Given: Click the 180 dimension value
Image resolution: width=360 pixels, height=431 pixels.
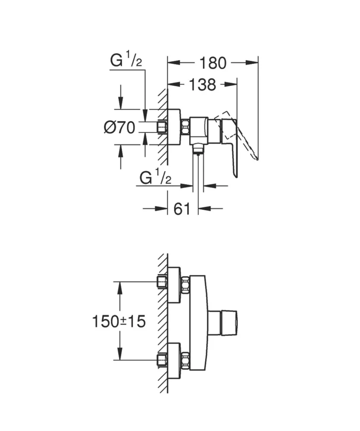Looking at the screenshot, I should [213, 63].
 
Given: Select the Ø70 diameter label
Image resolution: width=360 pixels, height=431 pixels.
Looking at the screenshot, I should [119, 127].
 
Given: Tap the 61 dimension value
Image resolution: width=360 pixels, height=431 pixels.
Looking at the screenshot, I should [182, 209].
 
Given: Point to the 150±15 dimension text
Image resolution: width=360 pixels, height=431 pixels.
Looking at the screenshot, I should [119, 321].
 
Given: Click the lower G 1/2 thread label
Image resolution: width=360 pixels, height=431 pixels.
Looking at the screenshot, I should [156, 177].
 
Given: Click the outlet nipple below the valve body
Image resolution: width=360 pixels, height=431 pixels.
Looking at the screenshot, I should [197, 149].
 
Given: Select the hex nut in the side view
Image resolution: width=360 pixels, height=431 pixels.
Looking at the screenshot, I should [185, 127].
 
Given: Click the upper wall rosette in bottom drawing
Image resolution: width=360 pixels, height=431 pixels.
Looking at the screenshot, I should [174, 284].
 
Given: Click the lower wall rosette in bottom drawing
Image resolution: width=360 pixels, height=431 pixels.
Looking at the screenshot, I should [174, 360].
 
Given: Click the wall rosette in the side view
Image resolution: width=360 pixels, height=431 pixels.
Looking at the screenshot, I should [174, 127].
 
